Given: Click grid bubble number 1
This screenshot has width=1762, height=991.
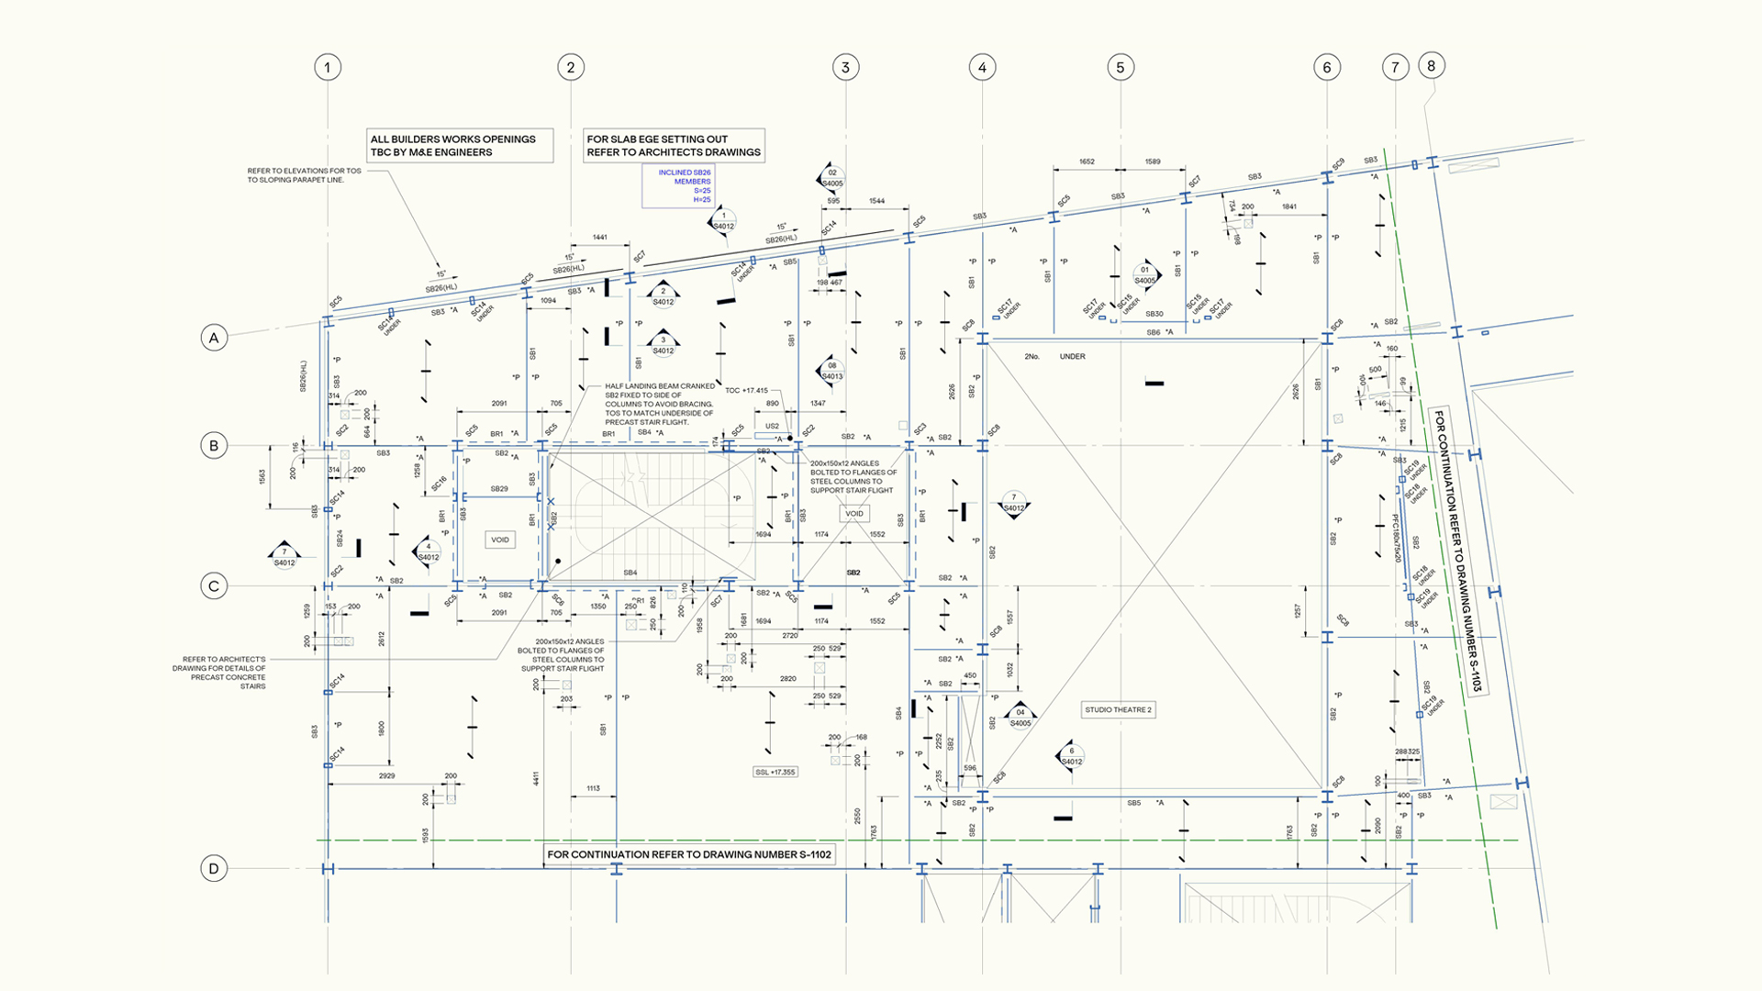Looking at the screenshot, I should coord(328,67).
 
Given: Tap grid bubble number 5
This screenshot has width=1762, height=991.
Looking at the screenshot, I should coord(1120,67).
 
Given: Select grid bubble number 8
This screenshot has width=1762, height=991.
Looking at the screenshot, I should coord(1431,65).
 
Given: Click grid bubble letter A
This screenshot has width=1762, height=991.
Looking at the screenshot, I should coord(214,338).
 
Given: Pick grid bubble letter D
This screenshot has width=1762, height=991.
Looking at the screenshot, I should coord(214,868).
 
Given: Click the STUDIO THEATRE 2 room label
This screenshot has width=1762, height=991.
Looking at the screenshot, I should coord(1118,709).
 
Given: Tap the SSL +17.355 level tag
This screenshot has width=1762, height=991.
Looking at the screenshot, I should coord(775,772).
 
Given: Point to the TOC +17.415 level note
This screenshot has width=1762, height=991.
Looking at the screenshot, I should coord(746,390).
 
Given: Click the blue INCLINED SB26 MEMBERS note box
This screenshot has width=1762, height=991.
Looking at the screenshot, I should coord(678,186).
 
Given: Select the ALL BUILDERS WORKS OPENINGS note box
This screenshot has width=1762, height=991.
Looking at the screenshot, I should coord(460,146).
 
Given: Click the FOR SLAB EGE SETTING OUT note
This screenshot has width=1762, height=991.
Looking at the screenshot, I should coord(674,146).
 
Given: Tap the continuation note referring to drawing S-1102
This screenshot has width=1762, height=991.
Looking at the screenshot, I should coord(689,854).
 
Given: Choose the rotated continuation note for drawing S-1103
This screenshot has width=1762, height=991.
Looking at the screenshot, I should coord(1458,551).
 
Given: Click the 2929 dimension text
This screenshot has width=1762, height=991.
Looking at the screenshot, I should coord(386,775).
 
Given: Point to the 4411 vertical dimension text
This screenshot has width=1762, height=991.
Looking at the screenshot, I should coord(536,778).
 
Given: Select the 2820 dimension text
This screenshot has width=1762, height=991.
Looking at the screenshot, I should coord(787,678).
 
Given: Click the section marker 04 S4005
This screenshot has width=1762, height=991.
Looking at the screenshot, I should coord(1020,717).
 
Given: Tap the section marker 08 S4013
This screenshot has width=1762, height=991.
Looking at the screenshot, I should coord(831,371).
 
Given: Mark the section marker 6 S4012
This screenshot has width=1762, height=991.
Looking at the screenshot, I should coord(1070,756).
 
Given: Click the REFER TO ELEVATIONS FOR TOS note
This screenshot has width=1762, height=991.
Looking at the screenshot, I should coord(304,175).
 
